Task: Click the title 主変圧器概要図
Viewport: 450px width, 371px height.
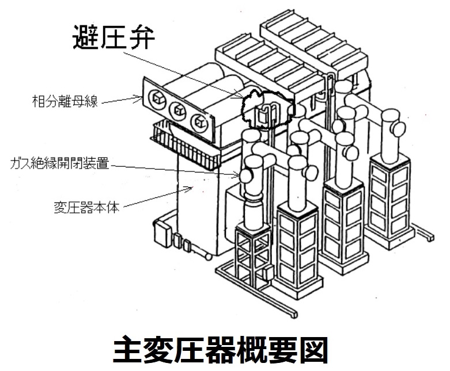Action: [225, 347]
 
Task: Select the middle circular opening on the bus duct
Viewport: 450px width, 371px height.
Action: [177, 108]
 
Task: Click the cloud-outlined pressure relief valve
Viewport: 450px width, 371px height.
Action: [267, 109]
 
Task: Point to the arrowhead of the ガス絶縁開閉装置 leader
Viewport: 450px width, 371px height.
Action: [240, 174]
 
